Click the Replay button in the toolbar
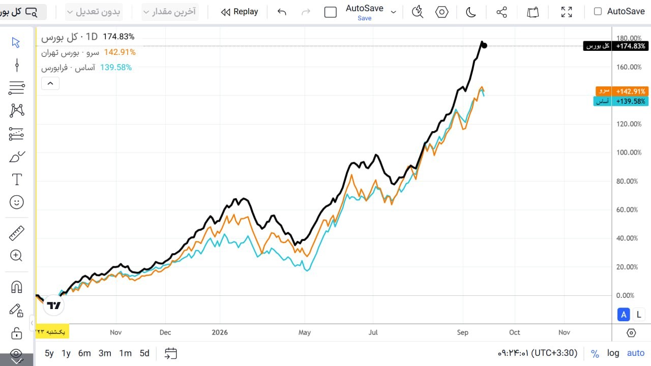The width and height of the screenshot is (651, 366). click(x=240, y=12)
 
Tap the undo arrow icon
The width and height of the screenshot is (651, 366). click(x=282, y=12)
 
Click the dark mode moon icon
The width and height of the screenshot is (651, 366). click(x=470, y=12)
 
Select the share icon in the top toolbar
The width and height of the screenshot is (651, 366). click(x=501, y=12)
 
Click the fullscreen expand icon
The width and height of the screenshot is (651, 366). click(x=567, y=12)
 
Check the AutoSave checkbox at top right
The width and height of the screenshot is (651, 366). click(x=598, y=11)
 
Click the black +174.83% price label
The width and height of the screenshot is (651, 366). click(x=630, y=46)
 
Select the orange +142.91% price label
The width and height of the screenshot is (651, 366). click(x=630, y=91)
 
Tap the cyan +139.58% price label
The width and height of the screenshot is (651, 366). click(x=630, y=101)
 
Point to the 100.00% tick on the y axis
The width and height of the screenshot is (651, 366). click(x=629, y=152)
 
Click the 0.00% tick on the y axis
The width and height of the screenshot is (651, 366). click(x=625, y=295)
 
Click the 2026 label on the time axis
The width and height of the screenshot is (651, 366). click(x=220, y=332)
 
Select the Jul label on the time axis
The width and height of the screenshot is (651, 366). click(x=373, y=332)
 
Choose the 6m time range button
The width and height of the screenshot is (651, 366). click(x=84, y=353)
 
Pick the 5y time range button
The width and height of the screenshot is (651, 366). click(x=49, y=353)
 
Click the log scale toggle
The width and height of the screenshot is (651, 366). click(x=613, y=353)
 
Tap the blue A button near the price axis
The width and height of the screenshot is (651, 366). click(x=624, y=315)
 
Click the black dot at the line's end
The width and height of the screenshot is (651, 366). click(x=484, y=46)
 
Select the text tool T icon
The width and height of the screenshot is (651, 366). click(x=17, y=179)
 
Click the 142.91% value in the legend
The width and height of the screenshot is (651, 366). click(x=120, y=52)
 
